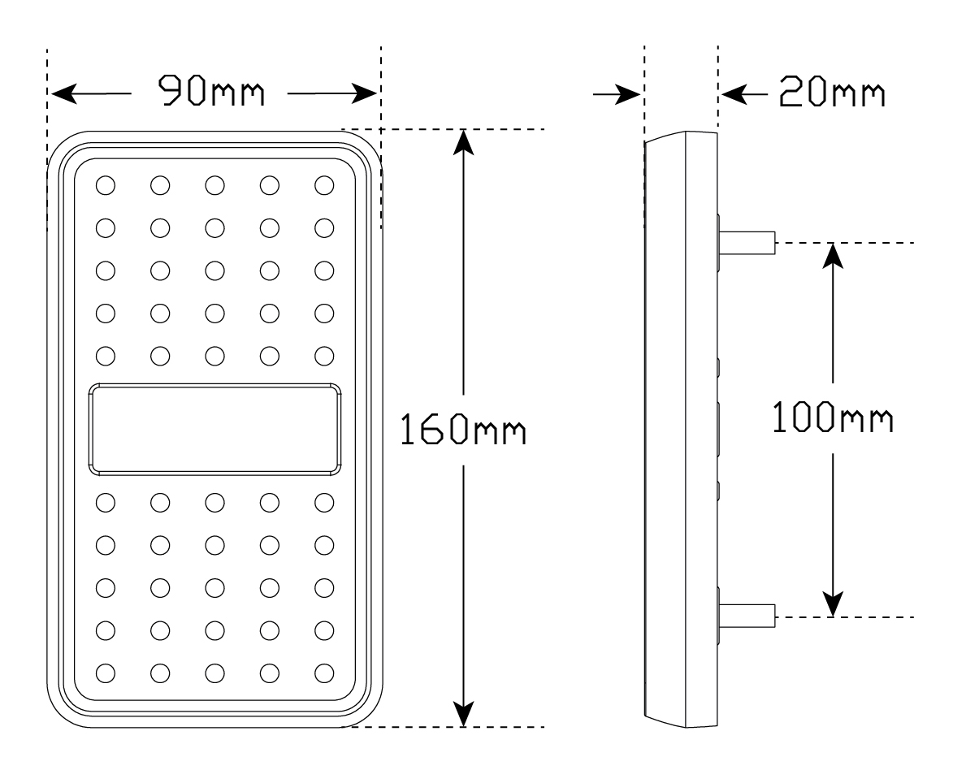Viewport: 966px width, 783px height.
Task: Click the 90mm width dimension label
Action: tap(211, 92)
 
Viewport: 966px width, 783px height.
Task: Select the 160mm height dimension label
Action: tap(463, 430)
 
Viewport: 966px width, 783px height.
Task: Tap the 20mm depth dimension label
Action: tap(832, 93)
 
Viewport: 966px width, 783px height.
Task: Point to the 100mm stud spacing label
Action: tap(832, 417)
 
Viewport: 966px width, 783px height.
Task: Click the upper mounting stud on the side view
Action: tap(747, 243)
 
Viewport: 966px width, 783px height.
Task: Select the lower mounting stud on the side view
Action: tap(747, 616)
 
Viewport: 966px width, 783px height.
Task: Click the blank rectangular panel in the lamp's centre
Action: tap(215, 430)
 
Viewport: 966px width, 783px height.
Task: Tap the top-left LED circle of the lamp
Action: tap(106, 185)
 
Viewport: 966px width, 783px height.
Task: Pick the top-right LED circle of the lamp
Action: tap(324, 185)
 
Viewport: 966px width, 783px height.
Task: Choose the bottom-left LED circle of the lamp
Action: tap(106, 673)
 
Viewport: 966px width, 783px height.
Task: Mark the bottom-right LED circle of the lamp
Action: tap(324, 673)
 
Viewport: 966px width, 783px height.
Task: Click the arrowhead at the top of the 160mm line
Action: tap(463, 142)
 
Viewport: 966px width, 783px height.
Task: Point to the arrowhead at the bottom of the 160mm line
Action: tap(463, 714)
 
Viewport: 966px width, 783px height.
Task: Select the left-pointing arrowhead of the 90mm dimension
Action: tap(63, 94)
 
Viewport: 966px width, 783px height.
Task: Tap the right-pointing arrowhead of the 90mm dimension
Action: tap(364, 94)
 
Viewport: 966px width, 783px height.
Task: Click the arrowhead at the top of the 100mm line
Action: tap(833, 256)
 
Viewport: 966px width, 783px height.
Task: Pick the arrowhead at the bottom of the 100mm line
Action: tap(833, 603)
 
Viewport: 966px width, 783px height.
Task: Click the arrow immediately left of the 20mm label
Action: tap(744, 95)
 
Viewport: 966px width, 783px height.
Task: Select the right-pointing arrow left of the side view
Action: tap(617, 95)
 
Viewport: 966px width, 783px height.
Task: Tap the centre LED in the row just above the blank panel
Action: tap(215, 356)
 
